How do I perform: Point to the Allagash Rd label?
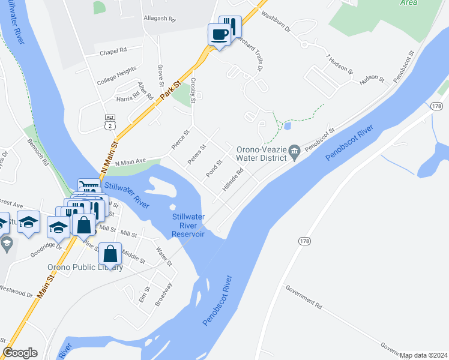159,19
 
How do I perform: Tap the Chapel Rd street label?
114,50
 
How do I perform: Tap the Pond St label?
215,165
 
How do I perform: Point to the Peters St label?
197,153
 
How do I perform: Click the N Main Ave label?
131,162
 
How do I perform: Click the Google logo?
20,353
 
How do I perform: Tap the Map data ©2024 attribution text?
423,355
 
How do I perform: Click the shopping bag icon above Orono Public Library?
110,254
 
